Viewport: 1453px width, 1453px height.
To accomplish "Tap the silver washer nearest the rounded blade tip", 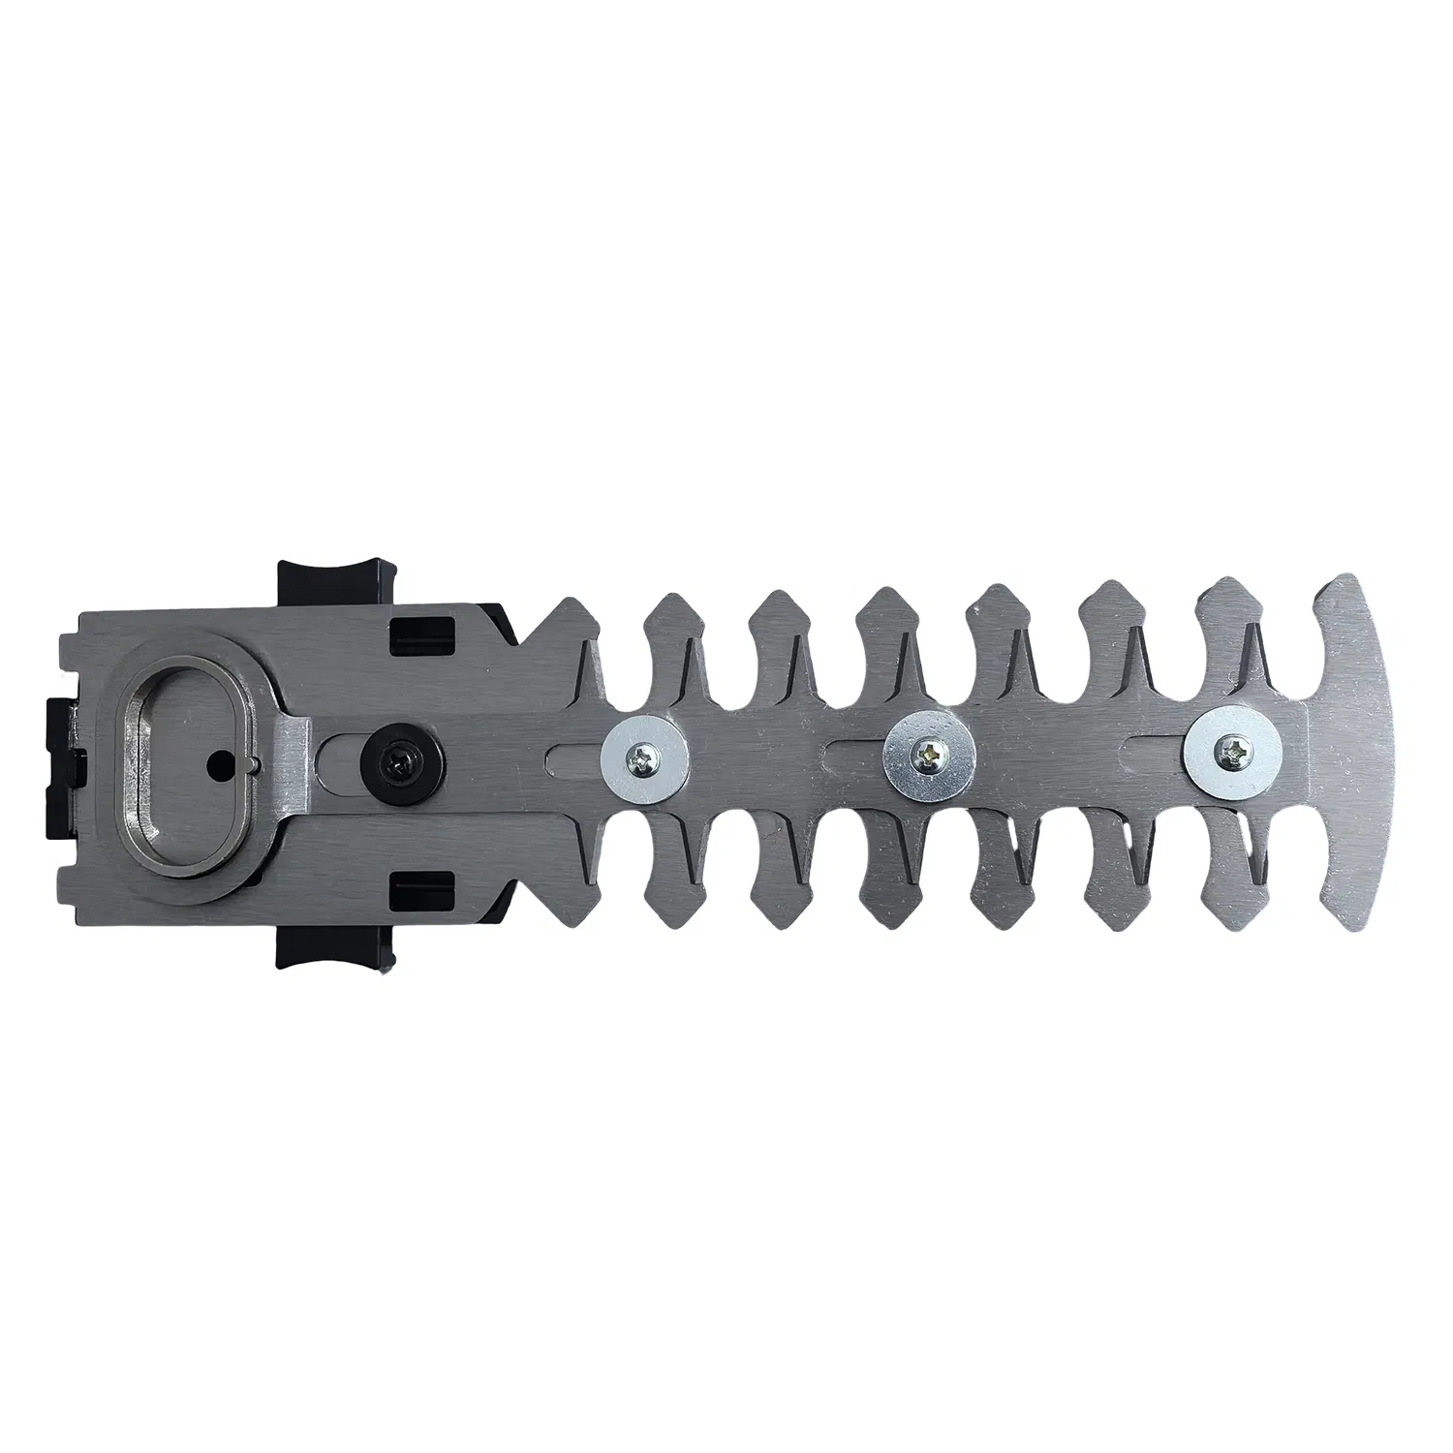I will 1227,752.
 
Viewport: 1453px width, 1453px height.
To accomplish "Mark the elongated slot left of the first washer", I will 572,752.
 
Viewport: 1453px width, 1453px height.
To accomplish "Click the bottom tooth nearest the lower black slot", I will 562,877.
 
